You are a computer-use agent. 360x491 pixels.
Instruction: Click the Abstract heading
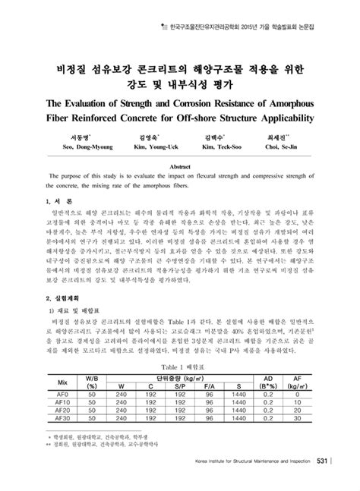point(180,164)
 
